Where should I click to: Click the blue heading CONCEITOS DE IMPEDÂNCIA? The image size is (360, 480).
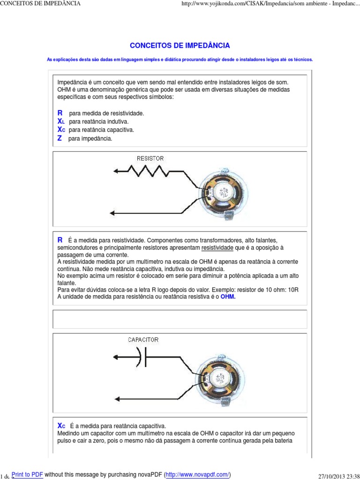[180, 45]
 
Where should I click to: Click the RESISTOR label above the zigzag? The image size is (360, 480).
[150, 158]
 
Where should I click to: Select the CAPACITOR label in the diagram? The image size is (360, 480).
[143, 340]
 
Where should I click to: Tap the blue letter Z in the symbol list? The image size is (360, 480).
[60, 138]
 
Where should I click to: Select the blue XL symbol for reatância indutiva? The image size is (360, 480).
[60, 121]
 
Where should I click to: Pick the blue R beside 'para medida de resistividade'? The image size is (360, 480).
[60, 113]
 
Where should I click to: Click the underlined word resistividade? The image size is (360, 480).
[217, 247]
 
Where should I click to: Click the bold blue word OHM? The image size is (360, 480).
[228, 297]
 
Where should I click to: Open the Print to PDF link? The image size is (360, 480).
[27, 474]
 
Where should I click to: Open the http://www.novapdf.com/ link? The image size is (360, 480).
[197, 474]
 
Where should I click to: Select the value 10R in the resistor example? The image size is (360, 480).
[293, 290]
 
